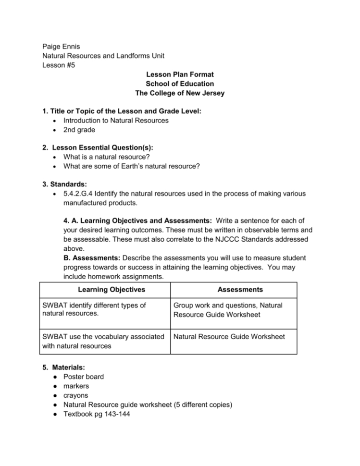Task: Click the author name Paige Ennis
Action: [61, 46]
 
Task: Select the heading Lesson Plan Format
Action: [179, 74]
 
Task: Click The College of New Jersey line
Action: [179, 93]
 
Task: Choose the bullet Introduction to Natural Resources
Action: [116, 120]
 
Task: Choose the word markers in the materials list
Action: [76, 386]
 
